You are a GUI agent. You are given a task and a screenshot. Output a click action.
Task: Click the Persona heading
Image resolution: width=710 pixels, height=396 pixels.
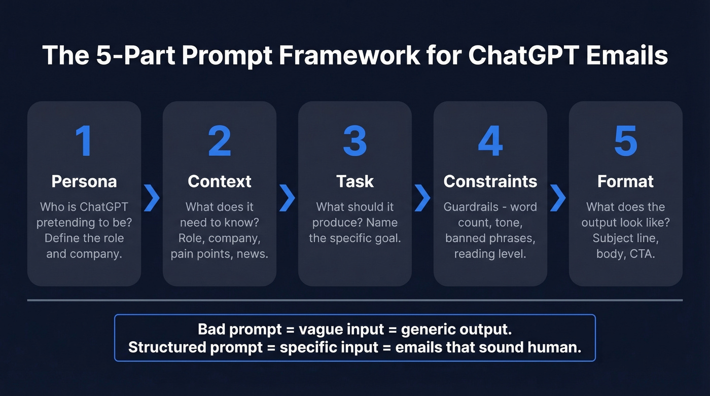pos(84,182)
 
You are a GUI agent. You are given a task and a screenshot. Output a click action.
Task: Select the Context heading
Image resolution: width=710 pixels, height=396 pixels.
pos(219,182)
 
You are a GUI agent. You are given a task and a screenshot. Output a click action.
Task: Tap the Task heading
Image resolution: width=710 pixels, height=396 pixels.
pos(354,182)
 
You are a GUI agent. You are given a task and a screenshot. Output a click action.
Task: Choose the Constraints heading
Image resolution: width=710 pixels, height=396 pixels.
pos(490,182)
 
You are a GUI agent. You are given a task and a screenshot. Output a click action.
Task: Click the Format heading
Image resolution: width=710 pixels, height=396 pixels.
pos(625,182)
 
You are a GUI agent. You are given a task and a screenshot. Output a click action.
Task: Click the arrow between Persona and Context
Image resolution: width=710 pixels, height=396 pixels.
pos(152,198)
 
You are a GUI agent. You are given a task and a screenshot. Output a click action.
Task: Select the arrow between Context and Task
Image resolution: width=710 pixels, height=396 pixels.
pos(287,198)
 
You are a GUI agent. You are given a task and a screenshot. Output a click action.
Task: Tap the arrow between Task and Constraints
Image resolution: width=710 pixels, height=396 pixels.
pos(422,198)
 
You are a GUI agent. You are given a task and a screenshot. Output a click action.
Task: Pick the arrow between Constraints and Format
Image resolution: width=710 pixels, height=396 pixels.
pos(558,198)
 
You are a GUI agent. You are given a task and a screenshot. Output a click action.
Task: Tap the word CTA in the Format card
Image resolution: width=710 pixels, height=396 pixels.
pos(643,254)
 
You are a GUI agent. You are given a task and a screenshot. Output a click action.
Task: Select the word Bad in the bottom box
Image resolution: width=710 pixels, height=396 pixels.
pos(211,329)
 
